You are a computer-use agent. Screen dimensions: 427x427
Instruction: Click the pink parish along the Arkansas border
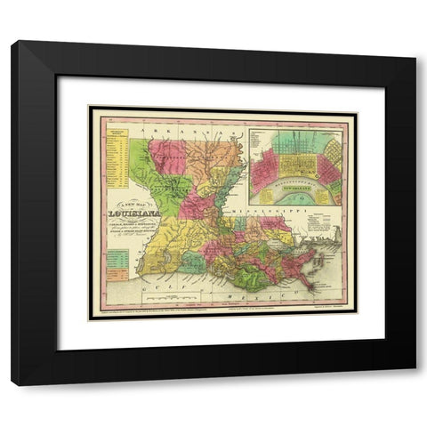tap(166, 157)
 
